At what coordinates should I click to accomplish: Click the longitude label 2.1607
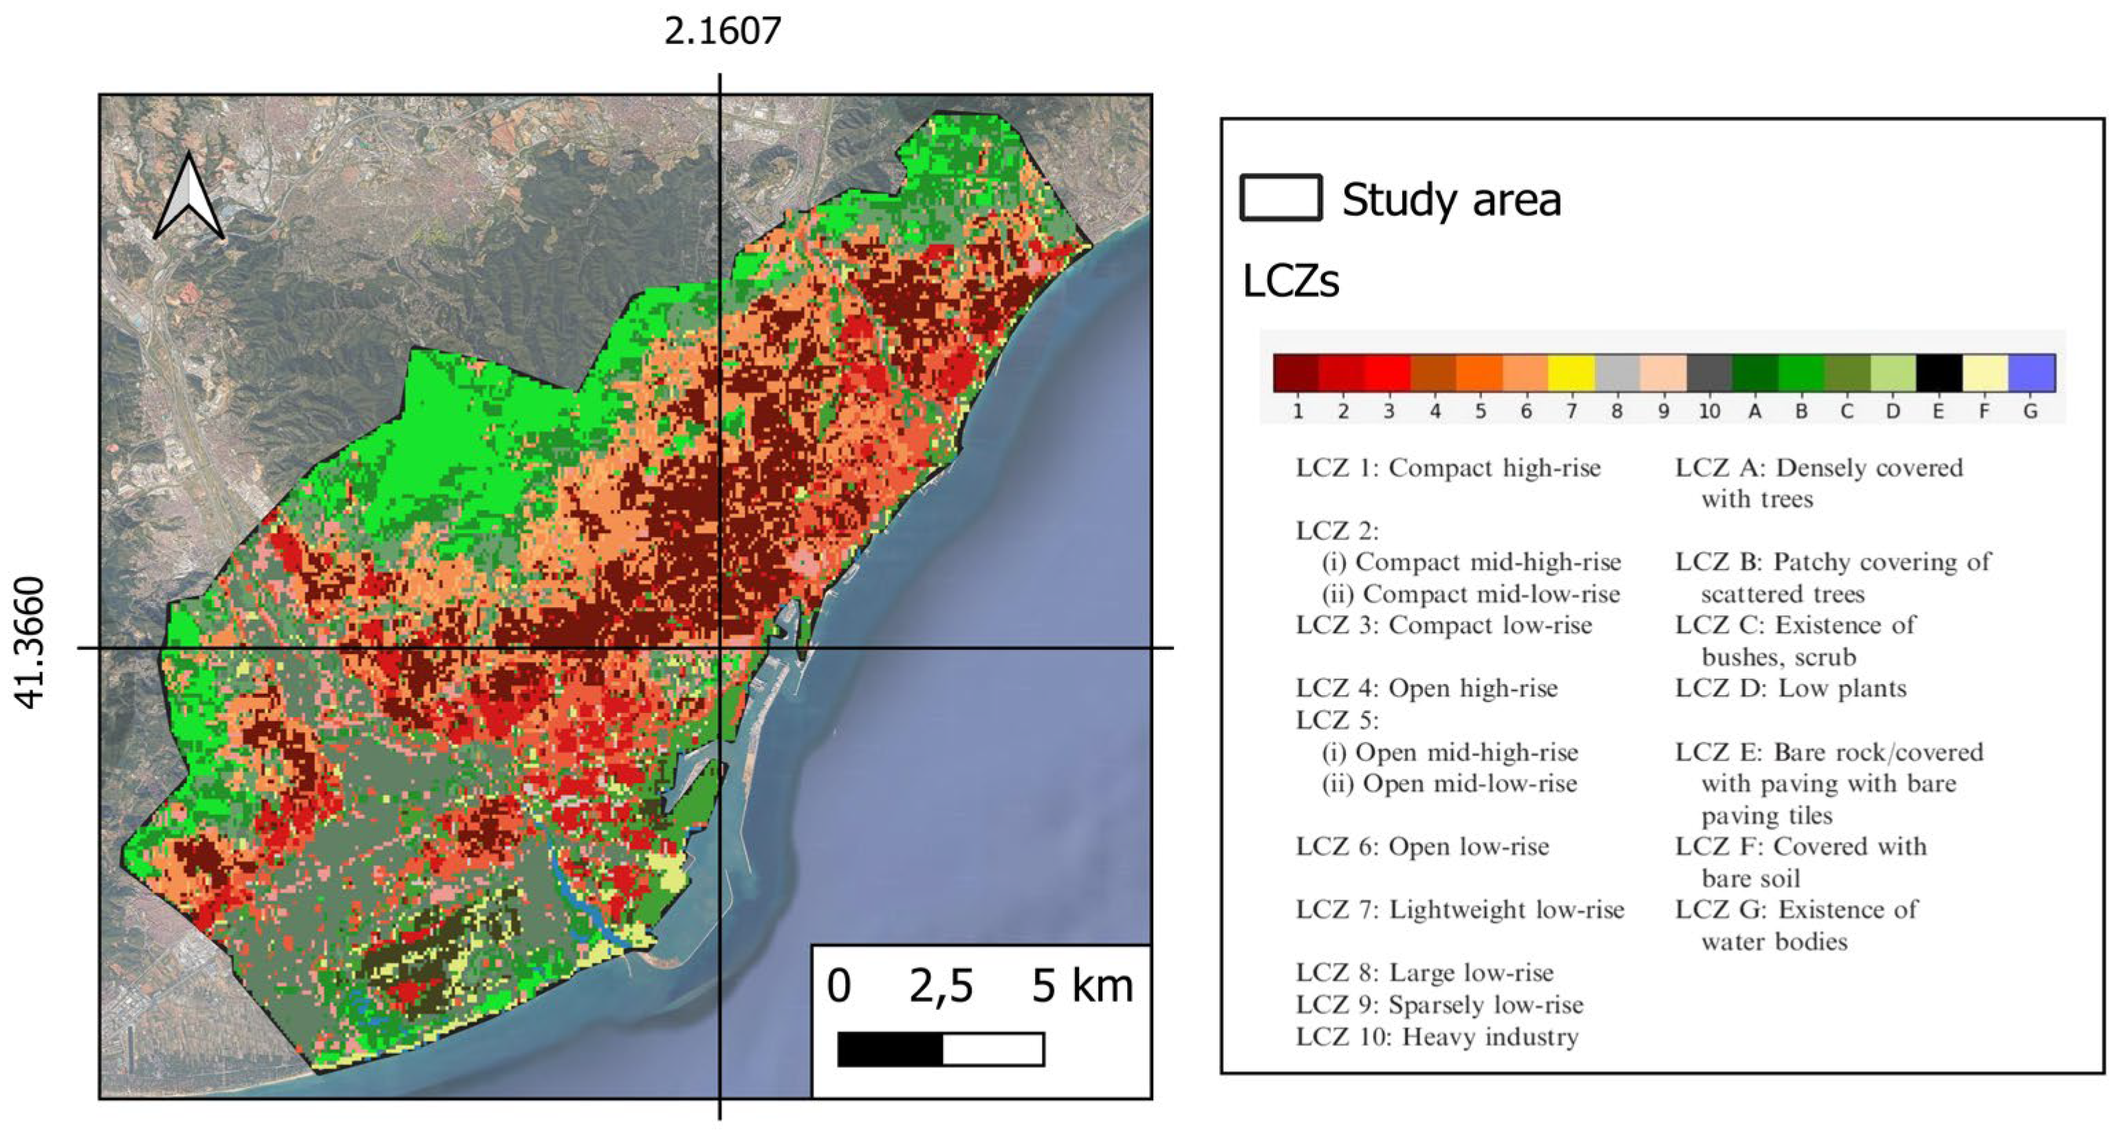tap(722, 32)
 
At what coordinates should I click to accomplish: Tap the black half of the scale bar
tap(889, 1049)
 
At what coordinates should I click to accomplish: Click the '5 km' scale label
tap(1081, 985)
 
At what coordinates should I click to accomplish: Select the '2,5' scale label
tap(940, 985)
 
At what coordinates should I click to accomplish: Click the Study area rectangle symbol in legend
tap(1280, 198)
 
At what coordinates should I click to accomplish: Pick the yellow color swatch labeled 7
tap(1571, 373)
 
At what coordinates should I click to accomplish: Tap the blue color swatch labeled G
tap(2032, 373)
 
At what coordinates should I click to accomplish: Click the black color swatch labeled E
tap(1939, 373)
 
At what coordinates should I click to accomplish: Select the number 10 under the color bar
tap(1708, 411)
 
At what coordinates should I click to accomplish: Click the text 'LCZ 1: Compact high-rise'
tap(1447, 468)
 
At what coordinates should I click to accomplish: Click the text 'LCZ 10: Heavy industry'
tap(1437, 1037)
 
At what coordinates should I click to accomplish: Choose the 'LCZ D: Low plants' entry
tap(1790, 688)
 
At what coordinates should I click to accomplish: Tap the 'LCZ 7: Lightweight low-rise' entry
tap(1459, 910)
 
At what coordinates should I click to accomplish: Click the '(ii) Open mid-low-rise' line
tap(1449, 784)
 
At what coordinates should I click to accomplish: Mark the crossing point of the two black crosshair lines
tap(720, 648)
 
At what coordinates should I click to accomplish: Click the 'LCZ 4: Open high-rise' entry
tap(1426, 688)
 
